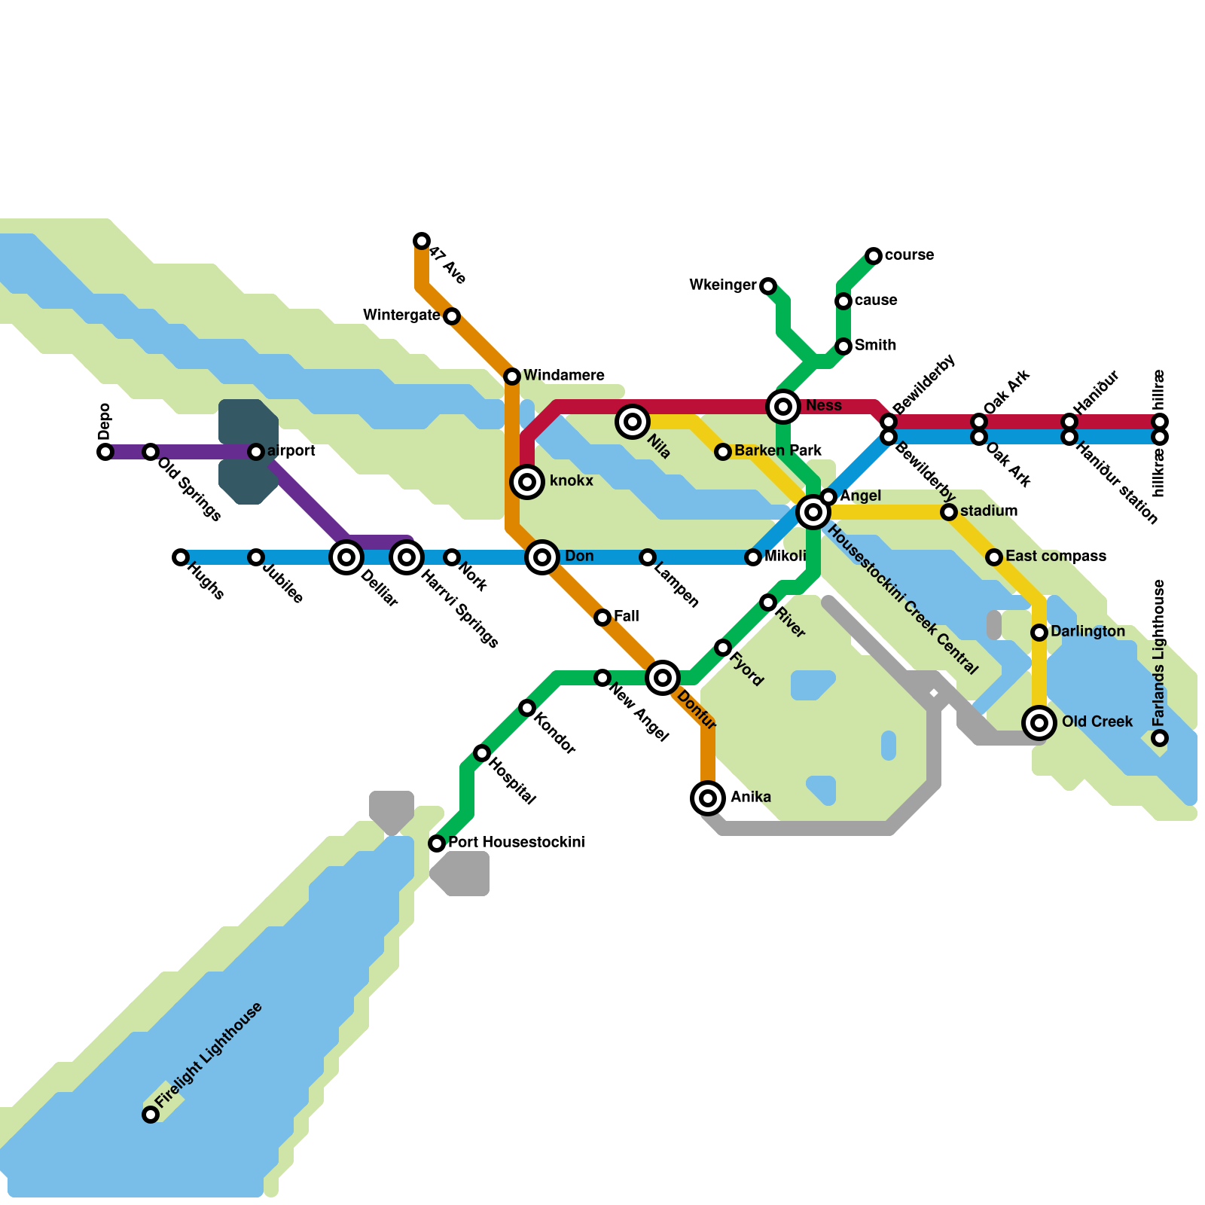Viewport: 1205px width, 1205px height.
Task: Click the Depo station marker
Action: coord(105,452)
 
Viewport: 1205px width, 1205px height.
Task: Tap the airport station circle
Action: coord(256,452)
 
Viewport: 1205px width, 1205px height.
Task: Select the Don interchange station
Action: coord(542,557)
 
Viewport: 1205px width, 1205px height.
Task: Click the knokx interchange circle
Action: coord(527,482)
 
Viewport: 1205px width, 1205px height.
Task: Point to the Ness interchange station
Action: coord(783,407)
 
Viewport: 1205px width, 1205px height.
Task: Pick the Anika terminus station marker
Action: coord(708,798)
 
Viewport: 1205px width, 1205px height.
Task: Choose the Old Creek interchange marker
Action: coord(1039,723)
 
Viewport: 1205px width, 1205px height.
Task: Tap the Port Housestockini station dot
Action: coord(437,843)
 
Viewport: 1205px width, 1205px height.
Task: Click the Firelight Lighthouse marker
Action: coord(151,1115)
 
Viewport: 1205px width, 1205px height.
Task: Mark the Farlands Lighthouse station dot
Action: coord(1160,738)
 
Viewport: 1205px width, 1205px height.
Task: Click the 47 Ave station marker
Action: coord(422,241)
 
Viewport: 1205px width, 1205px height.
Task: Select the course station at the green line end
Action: coord(874,256)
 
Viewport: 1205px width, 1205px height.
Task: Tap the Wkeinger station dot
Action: coord(768,286)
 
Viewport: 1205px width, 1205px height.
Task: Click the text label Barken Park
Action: coord(778,451)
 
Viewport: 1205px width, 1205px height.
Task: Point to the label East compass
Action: coord(1055,557)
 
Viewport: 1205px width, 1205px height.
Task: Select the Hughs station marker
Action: coord(181,557)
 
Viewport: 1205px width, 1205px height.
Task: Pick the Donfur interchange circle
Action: coord(663,678)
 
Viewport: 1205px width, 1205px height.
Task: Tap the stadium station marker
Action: coord(949,512)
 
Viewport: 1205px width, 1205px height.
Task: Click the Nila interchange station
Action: coord(633,422)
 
